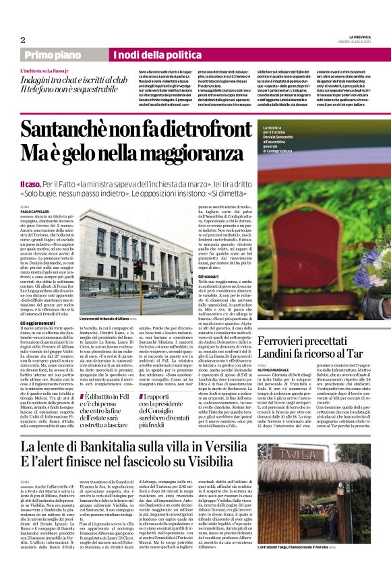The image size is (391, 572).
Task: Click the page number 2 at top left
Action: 23,39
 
